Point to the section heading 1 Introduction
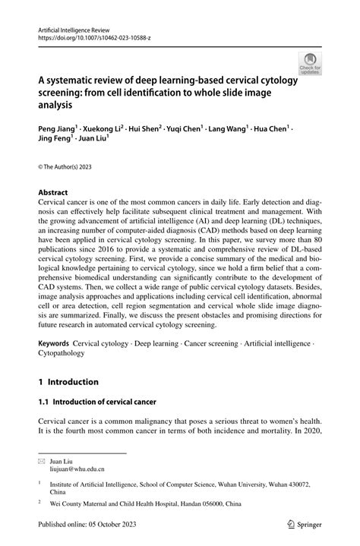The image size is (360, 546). [x=68, y=381]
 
